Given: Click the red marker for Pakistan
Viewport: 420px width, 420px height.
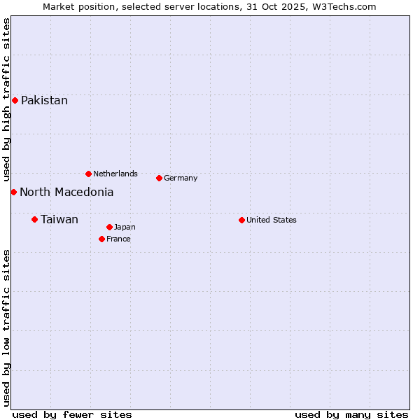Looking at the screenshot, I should pyautogui.click(x=15, y=101).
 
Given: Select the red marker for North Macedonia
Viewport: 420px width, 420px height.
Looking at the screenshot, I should pyautogui.click(x=13, y=192).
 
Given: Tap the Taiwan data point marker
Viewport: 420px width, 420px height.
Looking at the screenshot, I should pyautogui.click(x=34, y=220).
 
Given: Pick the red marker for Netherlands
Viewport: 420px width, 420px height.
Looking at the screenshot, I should pyautogui.click(x=88, y=174).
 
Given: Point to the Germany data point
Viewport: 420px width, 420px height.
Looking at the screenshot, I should pyautogui.click(x=159, y=178).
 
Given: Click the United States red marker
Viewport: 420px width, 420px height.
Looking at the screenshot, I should pyautogui.click(x=241, y=220).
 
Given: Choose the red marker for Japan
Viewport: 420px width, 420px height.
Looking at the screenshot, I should pyautogui.click(x=109, y=227).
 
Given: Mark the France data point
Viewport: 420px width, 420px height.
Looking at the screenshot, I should pyautogui.click(x=101, y=239).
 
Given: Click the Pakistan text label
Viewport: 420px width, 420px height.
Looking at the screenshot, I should pyautogui.click(x=44, y=101).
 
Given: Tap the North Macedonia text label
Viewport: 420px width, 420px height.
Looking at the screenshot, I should pyautogui.click(x=66, y=192).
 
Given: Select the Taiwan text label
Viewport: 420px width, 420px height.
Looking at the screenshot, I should pyautogui.click(x=59, y=220).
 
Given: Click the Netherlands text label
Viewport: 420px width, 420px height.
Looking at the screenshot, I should pyautogui.click(x=115, y=174).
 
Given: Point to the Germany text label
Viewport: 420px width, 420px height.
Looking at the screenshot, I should pyautogui.click(x=181, y=178).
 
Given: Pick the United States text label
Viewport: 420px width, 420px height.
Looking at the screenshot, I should pyautogui.click(x=272, y=220).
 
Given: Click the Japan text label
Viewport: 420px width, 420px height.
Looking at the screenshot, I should pyautogui.click(x=125, y=227).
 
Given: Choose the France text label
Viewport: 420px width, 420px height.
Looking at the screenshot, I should pyautogui.click(x=118, y=239).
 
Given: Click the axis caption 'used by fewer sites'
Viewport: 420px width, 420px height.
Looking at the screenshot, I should pyautogui.click(x=72, y=414).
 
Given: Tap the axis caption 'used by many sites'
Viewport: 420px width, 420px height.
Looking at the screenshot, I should pyautogui.click(x=351, y=414).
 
